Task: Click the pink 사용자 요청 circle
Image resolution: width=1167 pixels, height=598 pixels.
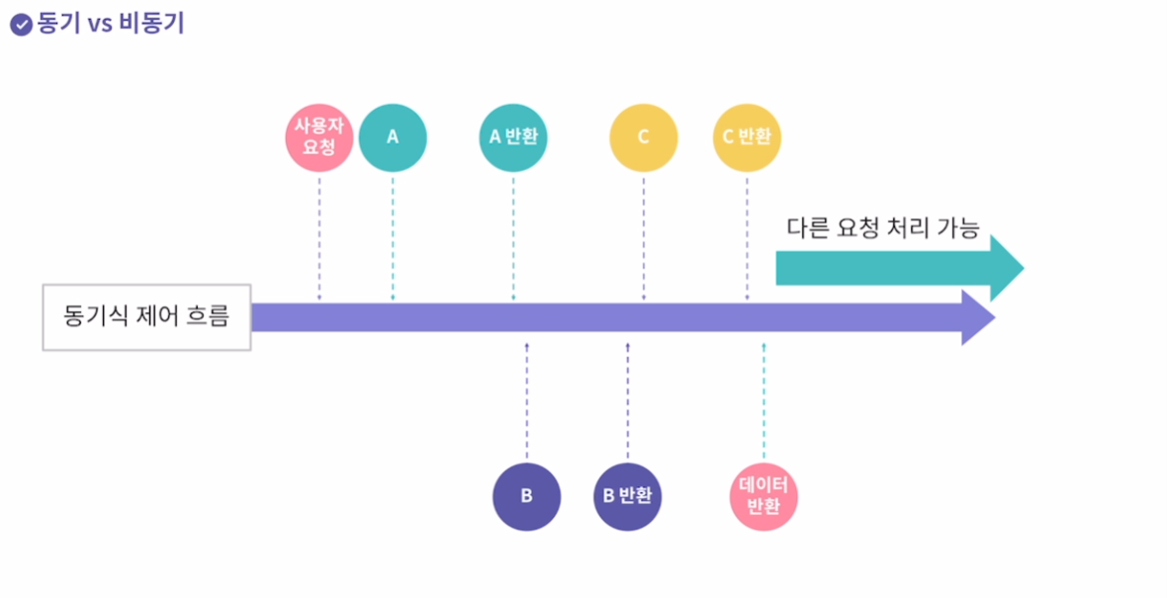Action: [x=319, y=137]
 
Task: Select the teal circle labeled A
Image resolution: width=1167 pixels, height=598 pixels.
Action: [x=393, y=137]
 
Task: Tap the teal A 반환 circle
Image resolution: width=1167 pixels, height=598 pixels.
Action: [x=513, y=137]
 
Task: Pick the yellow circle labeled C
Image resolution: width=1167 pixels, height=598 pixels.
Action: [x=644, y=137]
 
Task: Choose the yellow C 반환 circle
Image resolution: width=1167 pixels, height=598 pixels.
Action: [x=747, y=137]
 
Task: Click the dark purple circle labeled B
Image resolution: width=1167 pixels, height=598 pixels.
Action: [x=527, y=496]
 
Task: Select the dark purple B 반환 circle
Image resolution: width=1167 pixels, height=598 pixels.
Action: [x=628, y=496]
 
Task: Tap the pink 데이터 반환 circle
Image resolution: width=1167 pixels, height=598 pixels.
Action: [x=763, y=496]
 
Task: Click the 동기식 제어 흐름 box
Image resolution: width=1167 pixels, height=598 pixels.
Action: [x=146, y=317]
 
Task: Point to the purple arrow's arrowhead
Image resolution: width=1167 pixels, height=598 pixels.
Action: [x=978, y=317]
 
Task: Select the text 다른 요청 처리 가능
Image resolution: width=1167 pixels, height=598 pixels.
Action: [x=882, y=228]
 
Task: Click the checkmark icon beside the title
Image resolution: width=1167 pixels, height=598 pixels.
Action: [x=21, y=25]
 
